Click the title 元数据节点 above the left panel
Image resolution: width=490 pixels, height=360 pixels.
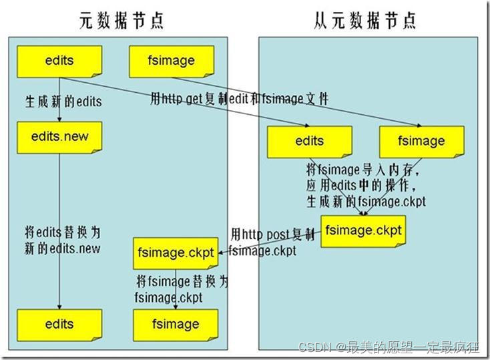click(x=120, y=21)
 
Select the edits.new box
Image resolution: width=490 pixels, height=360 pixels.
click(x=60, y=136)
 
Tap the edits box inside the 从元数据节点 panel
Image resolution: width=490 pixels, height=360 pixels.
click(x=309, y=141)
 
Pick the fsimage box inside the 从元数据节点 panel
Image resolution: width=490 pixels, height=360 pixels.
click(x=421, y=141)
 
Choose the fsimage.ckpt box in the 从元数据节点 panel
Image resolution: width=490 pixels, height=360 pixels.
click(x=362, y=230)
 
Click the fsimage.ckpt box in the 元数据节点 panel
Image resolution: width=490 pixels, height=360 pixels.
click(x=176, y=253)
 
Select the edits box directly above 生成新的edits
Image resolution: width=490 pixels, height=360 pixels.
click(x=60, y=61)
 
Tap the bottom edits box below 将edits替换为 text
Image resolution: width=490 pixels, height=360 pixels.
click(x=60, y=324)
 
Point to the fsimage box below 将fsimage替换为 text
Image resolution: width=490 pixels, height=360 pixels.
click(x=176, y=324)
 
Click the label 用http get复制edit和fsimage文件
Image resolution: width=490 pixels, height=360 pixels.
click(x=238, y=99)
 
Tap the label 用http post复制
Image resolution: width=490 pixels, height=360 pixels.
click(x=272, y=235)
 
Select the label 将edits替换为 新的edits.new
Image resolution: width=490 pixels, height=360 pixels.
click(x=64, y=240)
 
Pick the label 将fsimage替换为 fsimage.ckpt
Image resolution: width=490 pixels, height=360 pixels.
click(x=181, y=289)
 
